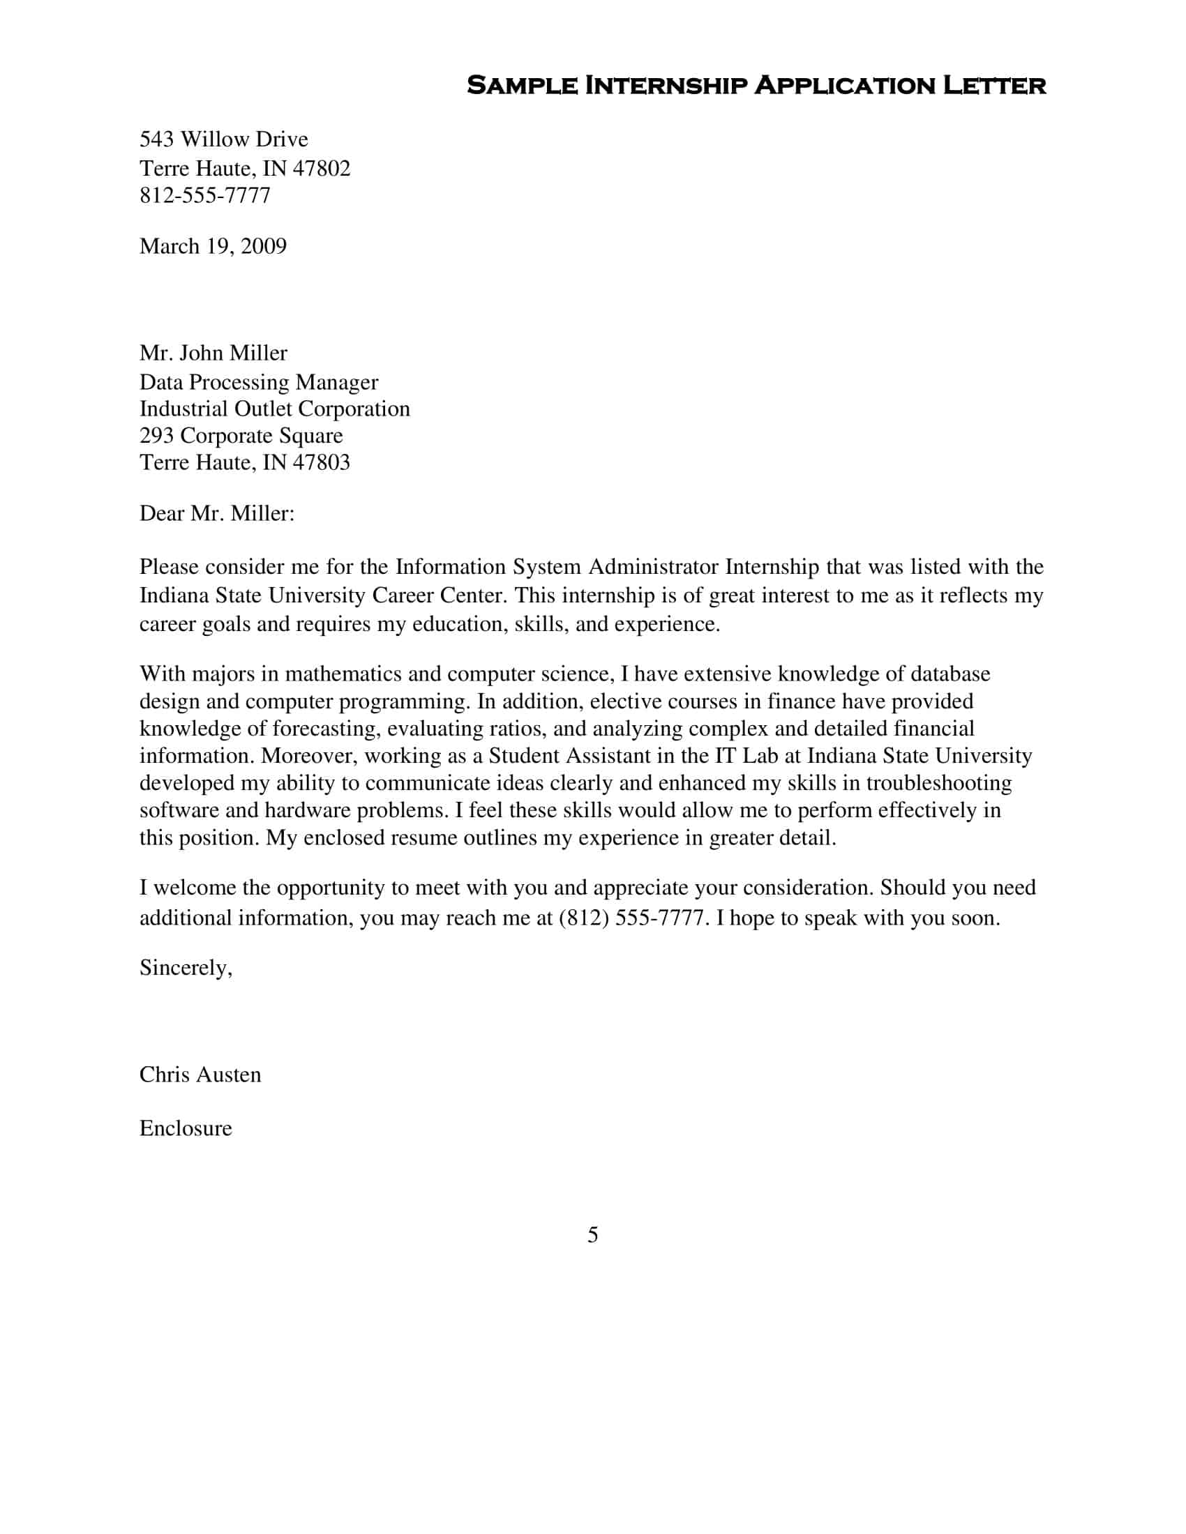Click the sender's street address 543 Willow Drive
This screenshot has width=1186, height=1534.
tap(223, 139)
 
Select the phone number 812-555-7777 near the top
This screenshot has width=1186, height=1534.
tap(204, 195)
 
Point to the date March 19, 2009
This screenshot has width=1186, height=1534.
tap(213, 246)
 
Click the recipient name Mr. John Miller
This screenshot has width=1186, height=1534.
tap(213, 353)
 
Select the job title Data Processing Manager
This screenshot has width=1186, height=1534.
tap(259, 382)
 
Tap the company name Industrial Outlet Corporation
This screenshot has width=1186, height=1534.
tap(274, 409)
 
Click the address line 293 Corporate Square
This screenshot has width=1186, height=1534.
tap(241, 436)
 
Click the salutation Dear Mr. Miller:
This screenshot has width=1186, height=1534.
tap(216, 513)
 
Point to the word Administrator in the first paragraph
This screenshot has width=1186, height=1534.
tap(654, 566)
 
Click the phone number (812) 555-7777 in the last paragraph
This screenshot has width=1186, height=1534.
tap(631, 918)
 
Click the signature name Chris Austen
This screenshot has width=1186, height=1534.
tap(200, 1074)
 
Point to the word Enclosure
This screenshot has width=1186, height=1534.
tap(186, 1128)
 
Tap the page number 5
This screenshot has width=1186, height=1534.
tap(592, 1235)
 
